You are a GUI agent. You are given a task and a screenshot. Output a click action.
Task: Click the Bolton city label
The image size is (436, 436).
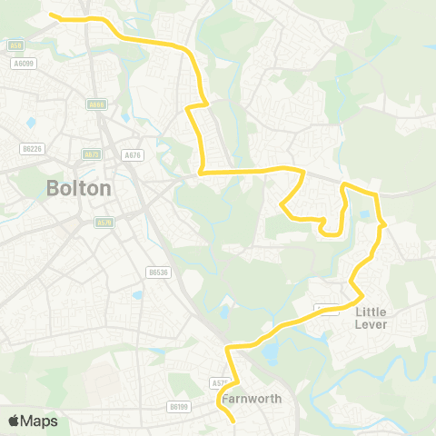[x=78, y=189]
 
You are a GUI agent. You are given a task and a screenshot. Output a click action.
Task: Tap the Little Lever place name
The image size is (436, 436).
[x=372, y=317]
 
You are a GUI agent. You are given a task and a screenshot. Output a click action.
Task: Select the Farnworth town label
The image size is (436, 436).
[x=250, y=399]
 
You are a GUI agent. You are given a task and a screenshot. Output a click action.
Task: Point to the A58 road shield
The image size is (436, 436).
[x=15, y=45]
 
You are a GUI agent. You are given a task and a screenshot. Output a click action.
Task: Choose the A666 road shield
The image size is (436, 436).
[x=97, y=104]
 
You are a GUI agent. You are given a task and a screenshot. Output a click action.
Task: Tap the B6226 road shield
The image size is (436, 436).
[x=32, y=148]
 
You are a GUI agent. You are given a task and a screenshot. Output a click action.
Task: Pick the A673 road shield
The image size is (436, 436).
[x=91, y=154]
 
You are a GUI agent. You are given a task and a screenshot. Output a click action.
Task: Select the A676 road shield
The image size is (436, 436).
[x=132, y=155]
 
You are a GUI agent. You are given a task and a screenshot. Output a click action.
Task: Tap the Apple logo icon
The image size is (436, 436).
[x=15, y=420]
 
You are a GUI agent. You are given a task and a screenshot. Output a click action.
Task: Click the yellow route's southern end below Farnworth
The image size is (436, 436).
[x=233, y=421]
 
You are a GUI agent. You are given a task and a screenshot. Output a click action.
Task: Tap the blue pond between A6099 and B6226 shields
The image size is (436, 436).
[x=31, y=121]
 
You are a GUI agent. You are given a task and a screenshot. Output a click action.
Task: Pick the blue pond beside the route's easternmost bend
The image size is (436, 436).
[x=364, y=215]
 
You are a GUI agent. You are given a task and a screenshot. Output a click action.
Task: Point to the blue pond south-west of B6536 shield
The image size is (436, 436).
[x=136, y=294]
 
